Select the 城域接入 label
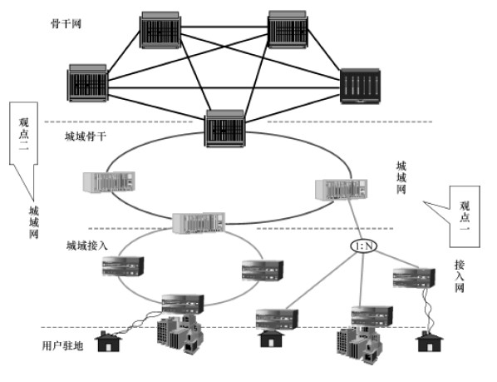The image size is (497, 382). (86, 246)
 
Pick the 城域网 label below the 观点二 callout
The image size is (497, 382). (33, 223)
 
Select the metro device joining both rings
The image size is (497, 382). (199, 222)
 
